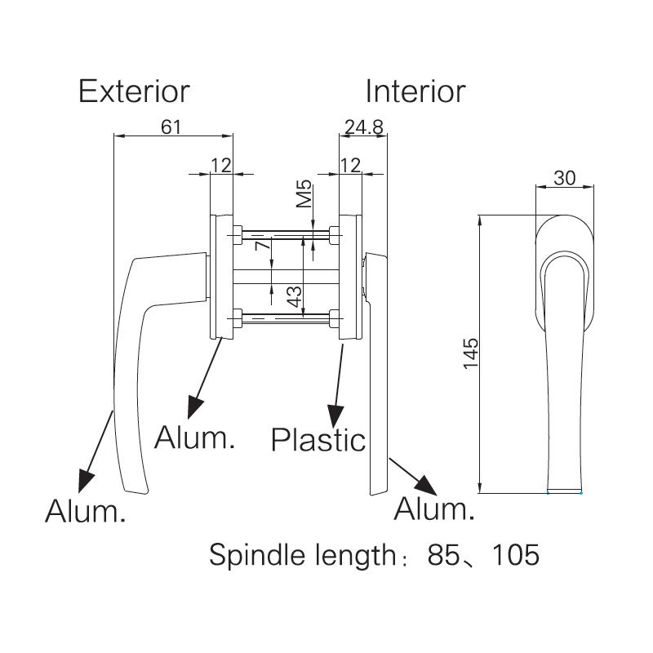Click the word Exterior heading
click(x=134, y=91)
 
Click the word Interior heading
click(x=415, y=91)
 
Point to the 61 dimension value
click(x=170, y=127)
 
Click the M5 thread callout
click(x=304, y=197)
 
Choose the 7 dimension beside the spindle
click(x=262, y=246)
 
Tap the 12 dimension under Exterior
click(x=220, y=165)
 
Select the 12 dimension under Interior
click(x=349, y=165)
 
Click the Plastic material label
click(x=318, y=440)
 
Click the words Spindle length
click(x=302, y=556)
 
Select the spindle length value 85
click(x=445, y=556)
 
